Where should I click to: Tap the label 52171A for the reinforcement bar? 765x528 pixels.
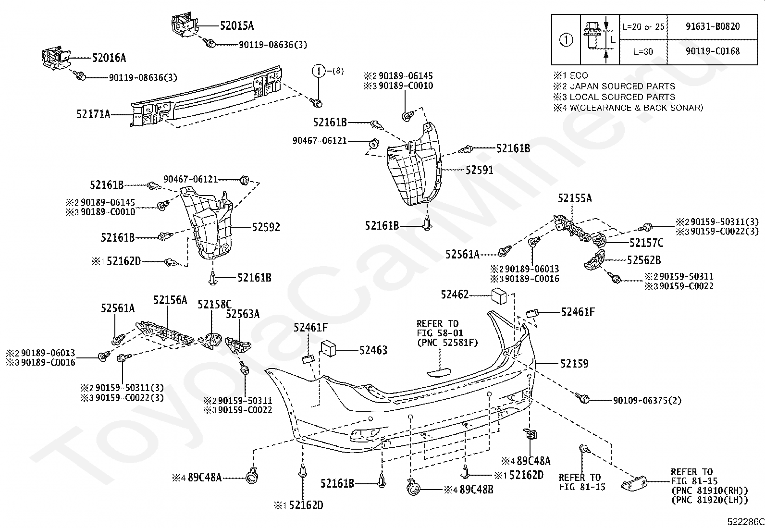coord(93,114)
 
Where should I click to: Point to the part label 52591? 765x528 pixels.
coord(479,170)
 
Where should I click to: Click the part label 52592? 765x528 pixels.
coord(266,227)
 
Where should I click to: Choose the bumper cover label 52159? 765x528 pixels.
coord(574,364)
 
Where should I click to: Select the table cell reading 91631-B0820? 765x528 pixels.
coord(713,26)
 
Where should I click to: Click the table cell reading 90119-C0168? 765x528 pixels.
coord(713,51)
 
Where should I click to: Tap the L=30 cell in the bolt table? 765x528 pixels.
coord(643,51)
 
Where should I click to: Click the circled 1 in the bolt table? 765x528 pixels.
coord(567,40)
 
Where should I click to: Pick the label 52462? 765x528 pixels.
coord(455,295)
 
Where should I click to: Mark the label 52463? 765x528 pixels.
coord(373,350)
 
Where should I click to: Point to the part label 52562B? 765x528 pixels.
coord(643,260)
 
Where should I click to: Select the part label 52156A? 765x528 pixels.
coord(170,300)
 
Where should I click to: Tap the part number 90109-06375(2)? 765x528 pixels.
coord(647,400)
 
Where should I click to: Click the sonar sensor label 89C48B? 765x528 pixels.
coord(476,490)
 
